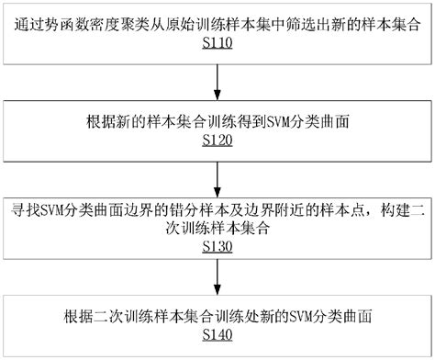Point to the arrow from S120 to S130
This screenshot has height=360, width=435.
tap(217, 178)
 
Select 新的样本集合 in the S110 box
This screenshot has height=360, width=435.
tap(371, 25)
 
